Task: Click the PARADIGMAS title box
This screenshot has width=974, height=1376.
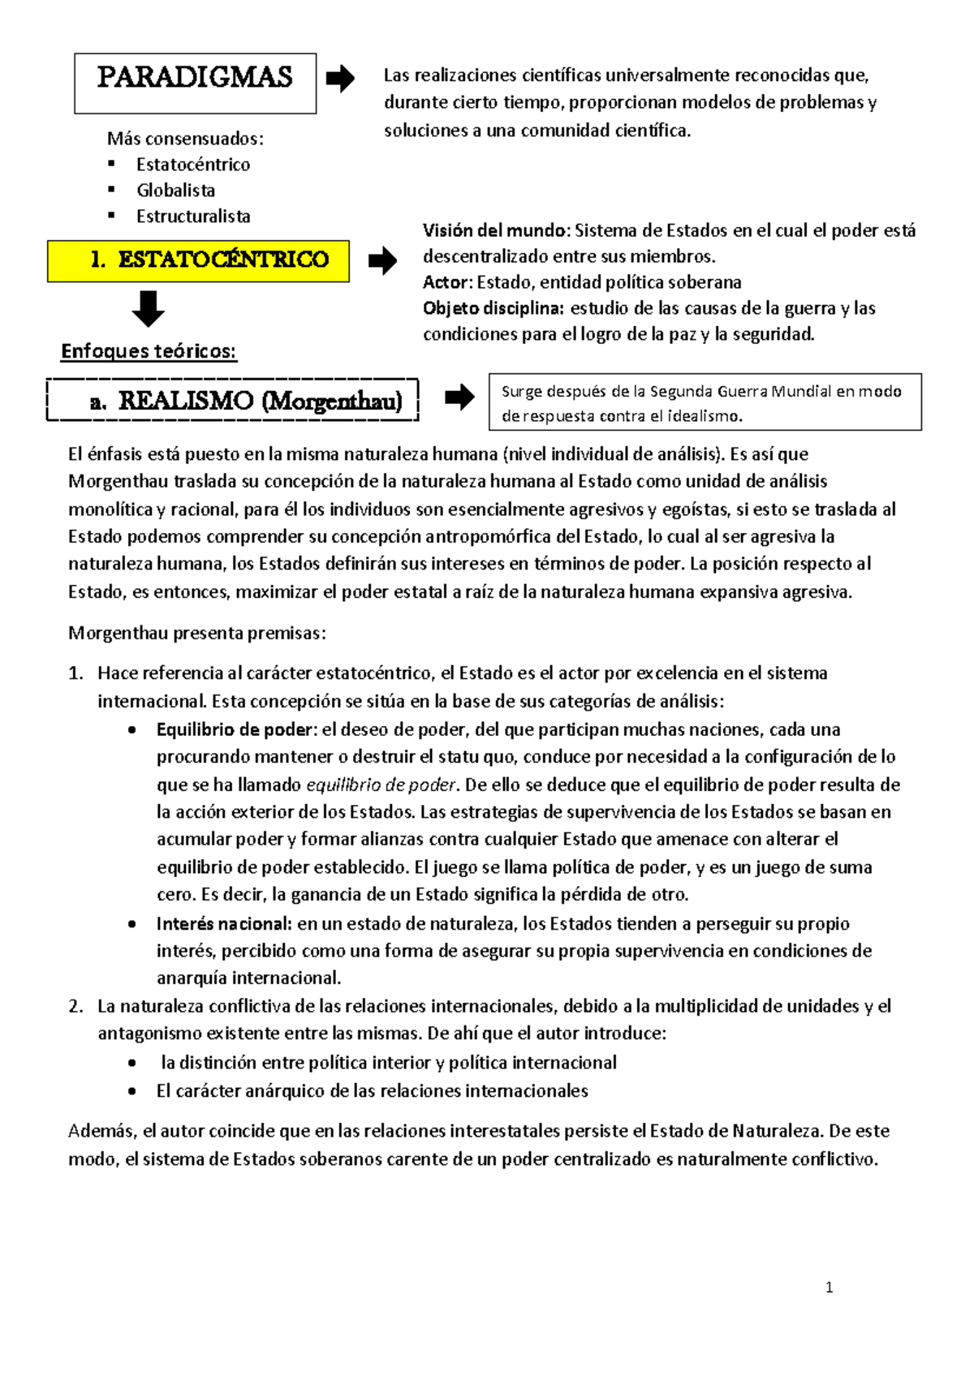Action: tap(195, 83)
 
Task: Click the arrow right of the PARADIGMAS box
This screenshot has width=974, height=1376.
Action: tap(340, 79)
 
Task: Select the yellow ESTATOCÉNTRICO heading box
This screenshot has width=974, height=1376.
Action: tap(198, 260)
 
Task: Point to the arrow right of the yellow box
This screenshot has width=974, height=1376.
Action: tap(382, 261)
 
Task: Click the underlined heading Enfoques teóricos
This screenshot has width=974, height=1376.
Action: tap(149, 351)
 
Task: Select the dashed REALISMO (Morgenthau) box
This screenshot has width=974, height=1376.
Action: tap(233, 400)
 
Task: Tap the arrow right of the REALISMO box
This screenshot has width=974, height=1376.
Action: tap(459, 398)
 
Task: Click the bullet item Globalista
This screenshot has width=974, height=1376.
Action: tap(175, 191)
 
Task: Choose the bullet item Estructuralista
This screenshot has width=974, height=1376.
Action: tap(193, 217)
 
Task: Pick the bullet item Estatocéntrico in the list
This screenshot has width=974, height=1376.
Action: tap(193, 165)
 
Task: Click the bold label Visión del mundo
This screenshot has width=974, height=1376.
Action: tap(496, 230)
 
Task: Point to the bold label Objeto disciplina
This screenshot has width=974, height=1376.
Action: tap(493, 308)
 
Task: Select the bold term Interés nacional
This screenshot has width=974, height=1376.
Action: tap(223, 923)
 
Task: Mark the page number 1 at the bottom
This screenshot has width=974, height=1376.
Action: tap(829, 1288)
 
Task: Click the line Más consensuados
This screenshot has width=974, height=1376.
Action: tap(185, 139)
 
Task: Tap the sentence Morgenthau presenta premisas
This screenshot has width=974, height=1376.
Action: tap(196, 633)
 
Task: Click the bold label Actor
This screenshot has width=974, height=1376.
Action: tap(446, 282)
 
